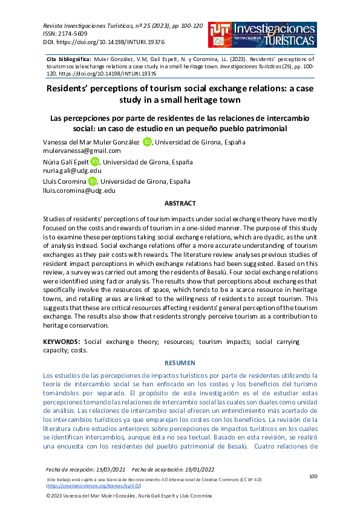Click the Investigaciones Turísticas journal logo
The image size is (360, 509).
261,34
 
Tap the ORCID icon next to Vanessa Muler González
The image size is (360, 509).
147,141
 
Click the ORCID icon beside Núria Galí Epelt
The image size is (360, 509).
94,161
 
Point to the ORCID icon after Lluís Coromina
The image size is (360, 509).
93,181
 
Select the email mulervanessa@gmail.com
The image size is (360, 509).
82,151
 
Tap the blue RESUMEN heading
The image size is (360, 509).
180,363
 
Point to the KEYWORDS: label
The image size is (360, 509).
62,342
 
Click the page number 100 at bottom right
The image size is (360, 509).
313,476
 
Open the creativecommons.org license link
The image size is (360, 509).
94,485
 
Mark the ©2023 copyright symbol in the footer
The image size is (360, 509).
50,496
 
